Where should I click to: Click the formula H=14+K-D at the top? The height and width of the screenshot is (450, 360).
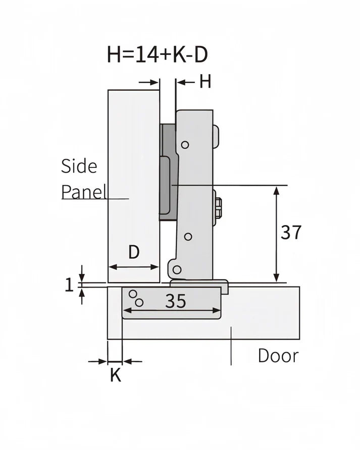pyautogui.click(x=157, y=54)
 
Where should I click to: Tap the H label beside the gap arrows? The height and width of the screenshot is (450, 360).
pyautogui.click(x=204, y=81)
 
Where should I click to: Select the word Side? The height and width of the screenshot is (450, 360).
pyautogui.click(x=79, y=166)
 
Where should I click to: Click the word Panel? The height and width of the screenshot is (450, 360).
pyautogui.click(x=84, y=192)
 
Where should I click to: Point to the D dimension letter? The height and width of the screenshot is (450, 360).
pyautogui.click(x=133, y=252)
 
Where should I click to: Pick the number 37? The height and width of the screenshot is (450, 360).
pyautogui.click(x=291, y=233)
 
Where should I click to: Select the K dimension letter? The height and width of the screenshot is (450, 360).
pyautogui.click(x=116, y=375)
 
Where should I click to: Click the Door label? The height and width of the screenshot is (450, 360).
pyautogui.click(x=278, y=356)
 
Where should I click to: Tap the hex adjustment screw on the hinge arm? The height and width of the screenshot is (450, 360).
pyautogui.click(x=219, y=207)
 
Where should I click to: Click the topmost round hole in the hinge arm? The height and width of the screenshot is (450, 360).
pyautogui.click(x=185, y=145)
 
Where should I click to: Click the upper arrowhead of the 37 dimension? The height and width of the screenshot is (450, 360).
pyautogui.click(x=276, y=190)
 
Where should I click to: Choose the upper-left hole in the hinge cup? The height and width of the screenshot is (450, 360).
pyautogui.click(x=133, y=294)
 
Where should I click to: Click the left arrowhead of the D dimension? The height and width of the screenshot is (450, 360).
pyautogui.click(x=112, y=267)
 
